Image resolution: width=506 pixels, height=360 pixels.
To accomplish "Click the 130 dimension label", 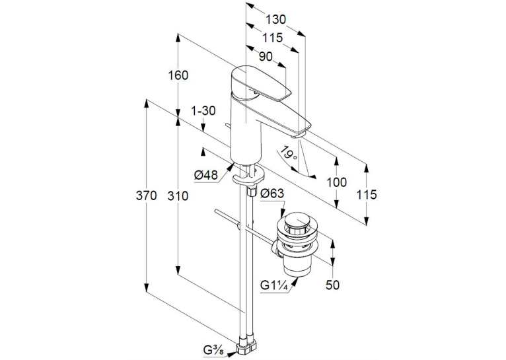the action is (x=275, y=20).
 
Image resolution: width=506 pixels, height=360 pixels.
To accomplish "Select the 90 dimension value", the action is (x=266, y=57).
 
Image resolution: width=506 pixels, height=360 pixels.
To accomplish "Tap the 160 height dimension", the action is (x=178, y=75).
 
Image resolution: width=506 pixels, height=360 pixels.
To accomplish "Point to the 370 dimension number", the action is (x=146, y=196).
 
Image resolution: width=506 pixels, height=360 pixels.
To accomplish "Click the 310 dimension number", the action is (x=178, y=196).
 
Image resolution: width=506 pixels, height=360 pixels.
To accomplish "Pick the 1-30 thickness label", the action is (x=203, y=111).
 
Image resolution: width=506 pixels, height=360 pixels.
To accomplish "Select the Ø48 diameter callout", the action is (x=206, y=175).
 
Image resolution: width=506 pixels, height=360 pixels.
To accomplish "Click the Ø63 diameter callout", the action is (x=272, y=194).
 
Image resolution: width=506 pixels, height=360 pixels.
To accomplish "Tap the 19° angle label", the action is (x=288, y=153).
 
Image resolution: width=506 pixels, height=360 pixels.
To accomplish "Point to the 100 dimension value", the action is (x=337, y=182).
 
